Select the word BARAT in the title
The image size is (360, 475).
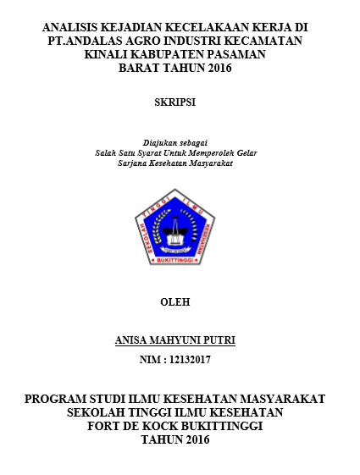click(143, 68)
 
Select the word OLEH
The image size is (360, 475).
click(175, 301)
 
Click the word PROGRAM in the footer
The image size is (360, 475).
click(58, 399)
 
